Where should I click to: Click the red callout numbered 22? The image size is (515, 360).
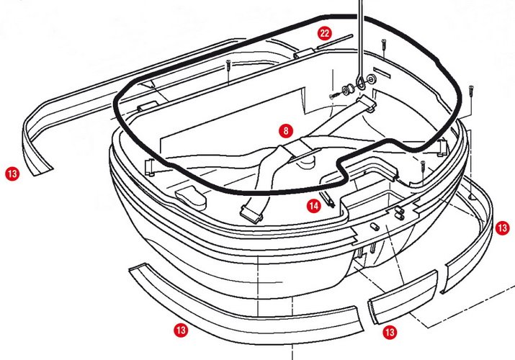pyautogui.click(x=325, y=33)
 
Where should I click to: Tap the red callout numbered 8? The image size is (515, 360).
pyautogui.click(x=287, y=131)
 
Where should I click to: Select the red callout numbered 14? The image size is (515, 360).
pyautogui.click(x=313, y=206)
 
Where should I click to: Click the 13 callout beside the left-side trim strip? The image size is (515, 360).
pyautogui.click(x=12, y=174)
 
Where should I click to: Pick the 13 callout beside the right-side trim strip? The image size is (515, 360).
pyautogui.click(x=503, y=228)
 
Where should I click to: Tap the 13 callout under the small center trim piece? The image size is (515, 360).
pyautogui.click(x=390, y=332)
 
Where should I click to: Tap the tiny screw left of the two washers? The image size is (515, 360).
pyautogui.click(x=334, y=96)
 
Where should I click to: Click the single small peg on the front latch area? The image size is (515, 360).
pyautogui.click(x=373, y=226)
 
